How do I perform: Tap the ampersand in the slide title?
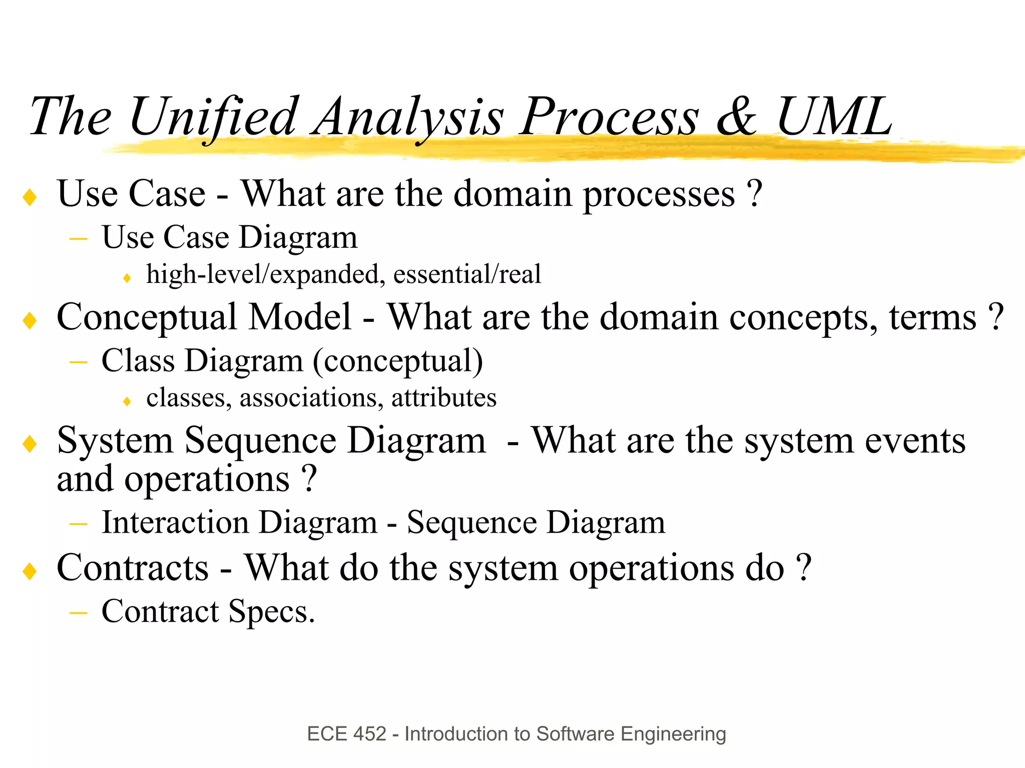736,117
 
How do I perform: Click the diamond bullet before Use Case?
30,197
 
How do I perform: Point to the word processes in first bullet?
659,195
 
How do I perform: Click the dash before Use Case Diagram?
79,240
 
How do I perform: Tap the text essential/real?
467,275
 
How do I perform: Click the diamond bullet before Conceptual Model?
30,320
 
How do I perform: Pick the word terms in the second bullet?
932,318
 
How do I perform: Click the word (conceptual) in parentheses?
398,361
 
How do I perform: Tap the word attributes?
444,399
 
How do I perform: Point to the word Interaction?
175,523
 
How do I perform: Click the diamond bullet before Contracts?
30,571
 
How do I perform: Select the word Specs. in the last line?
272,612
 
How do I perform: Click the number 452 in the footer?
370,734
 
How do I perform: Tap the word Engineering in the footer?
673,734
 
